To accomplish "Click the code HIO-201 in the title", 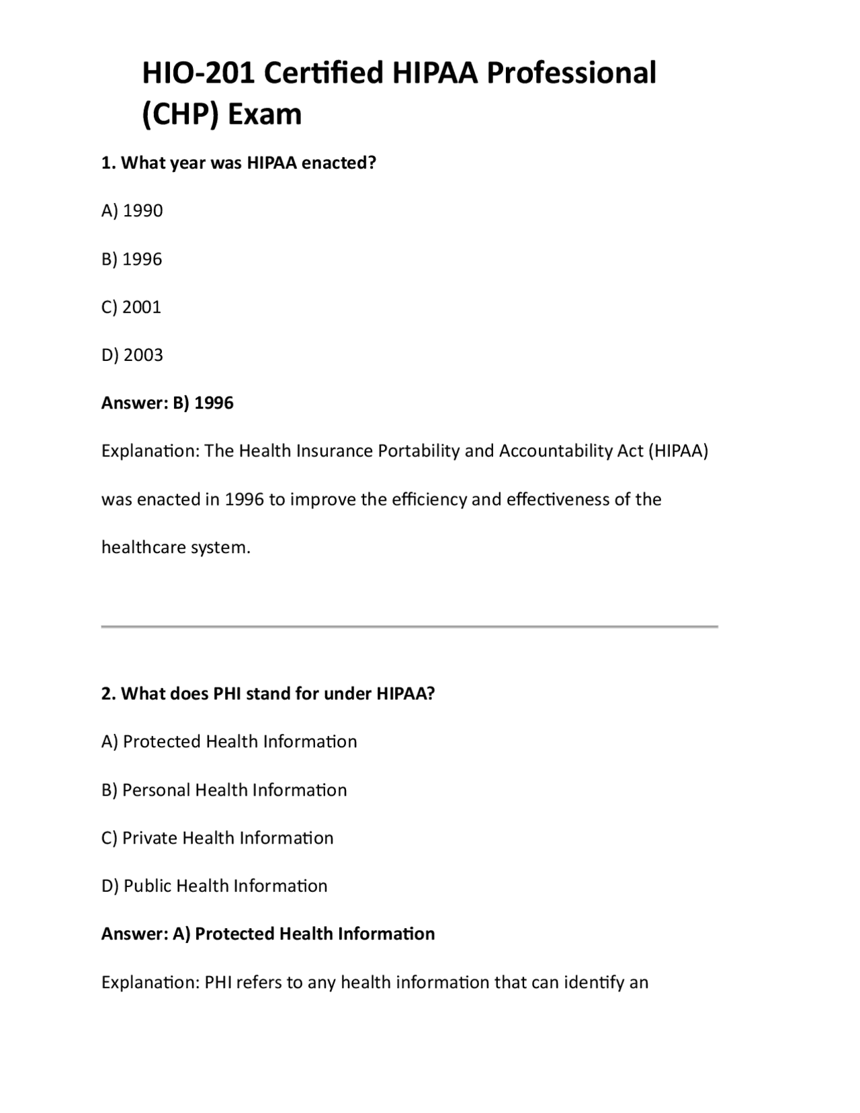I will [x=198, y=73].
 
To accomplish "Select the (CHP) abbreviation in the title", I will [x=180, y=114].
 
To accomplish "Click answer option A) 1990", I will [x=132, y=211].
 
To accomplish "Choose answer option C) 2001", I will [x=132, y=307].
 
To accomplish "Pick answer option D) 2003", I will [x=132, y=355].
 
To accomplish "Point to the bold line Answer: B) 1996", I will [x=167, y=403].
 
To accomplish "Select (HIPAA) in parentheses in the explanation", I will [x=678, y=451].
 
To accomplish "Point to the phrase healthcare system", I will [x=175, y=548].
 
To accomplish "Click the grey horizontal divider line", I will [x=409, y=626].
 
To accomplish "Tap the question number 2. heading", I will [x=109, y=694].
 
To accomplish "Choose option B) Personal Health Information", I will [x=224, y=790].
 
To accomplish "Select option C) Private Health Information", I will [x=218, y=838].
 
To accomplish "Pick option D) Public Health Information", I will [x=214, y=886].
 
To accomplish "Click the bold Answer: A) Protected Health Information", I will [x=268, y=934].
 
